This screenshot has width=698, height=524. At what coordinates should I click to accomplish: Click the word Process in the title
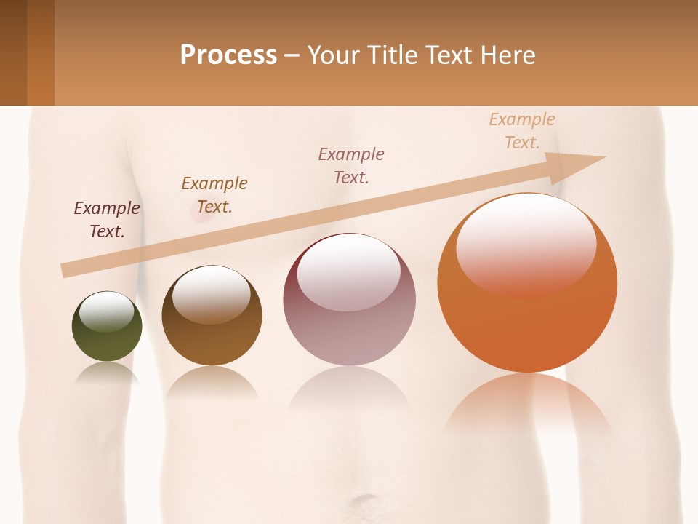pyautogui.click(x=228, y=55)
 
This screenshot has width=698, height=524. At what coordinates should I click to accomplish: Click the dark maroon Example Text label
pyautogui.click(x=107, y=220)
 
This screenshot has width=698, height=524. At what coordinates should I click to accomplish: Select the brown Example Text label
pyautogui.click(x=214, y=195)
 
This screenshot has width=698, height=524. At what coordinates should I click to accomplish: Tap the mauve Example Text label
pyautogui.click(x=351, y=165)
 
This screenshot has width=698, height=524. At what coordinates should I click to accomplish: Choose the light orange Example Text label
pyautogui.click(x=522, y=131)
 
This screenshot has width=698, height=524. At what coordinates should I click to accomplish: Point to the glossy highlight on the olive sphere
pyautogui.click(x=106, y=311)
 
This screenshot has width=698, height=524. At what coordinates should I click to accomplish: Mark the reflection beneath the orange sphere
pyautogui.click(x=527, y=404)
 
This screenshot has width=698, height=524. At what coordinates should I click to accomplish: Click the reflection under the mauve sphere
pyautogui.click(x=349, y=389)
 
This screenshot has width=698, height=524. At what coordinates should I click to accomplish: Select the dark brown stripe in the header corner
pyautogui.click(x=13, y=52)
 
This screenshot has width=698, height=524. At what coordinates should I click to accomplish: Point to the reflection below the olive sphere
pyautogui.click(x=107, y=373)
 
